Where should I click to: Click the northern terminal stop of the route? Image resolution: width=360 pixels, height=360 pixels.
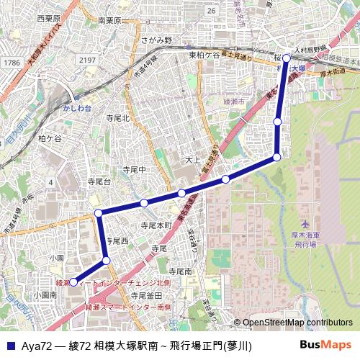[287, 58]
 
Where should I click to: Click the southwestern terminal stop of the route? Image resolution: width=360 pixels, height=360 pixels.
[73, 282]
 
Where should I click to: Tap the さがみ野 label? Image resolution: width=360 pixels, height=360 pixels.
[158, 41]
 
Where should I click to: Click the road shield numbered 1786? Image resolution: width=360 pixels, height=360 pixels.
[11, 63]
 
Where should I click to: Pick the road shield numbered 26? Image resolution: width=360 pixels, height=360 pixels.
[211, 12]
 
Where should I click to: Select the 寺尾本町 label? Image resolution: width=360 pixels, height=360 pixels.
[156, 225]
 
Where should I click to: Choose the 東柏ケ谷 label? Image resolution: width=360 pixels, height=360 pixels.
[204, 55]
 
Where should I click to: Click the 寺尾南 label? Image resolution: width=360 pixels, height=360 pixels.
[177, 272]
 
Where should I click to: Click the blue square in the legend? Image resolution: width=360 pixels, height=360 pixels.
[10, 346]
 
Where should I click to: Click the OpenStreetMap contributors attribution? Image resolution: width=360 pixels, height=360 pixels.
[297, 323]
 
